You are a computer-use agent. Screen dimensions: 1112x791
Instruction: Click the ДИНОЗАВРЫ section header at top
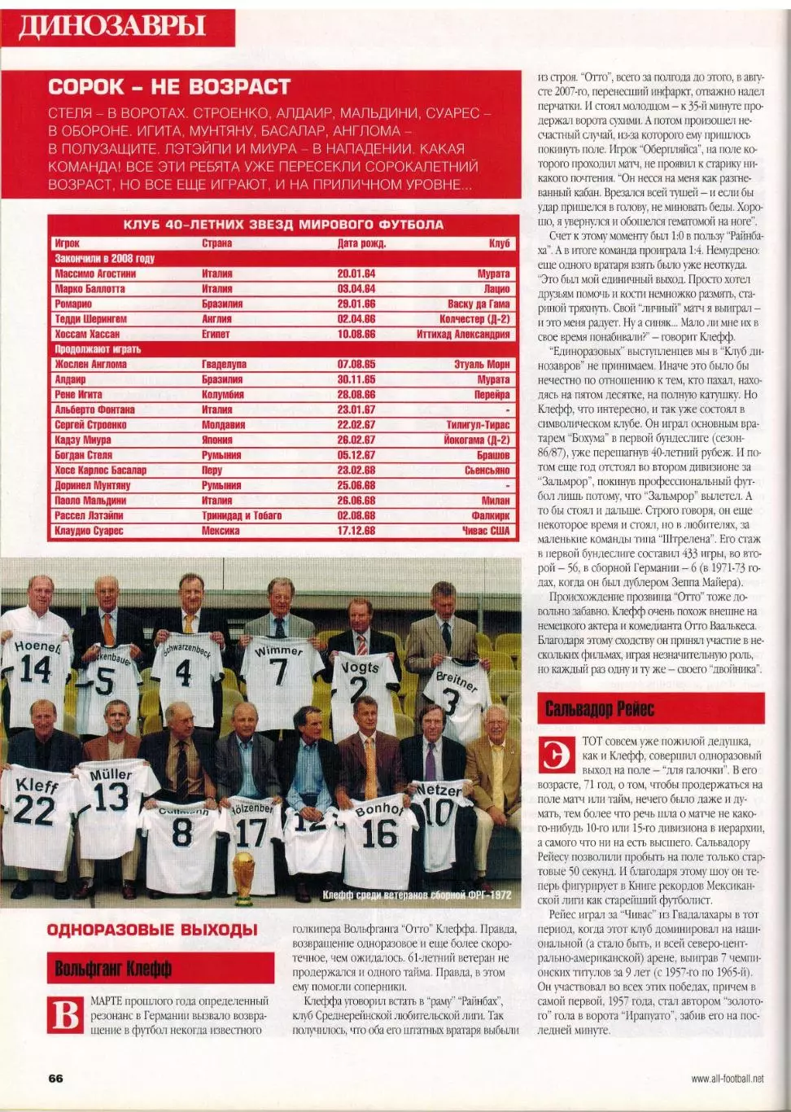coord(112,27)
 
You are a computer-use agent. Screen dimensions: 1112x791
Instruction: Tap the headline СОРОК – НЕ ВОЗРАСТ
coord(169,87)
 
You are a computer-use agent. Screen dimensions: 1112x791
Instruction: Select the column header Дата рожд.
coord(361,243)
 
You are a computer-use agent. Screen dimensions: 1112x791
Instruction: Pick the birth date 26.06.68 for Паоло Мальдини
coord(356,501)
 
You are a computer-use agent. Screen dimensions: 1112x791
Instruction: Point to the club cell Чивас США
coord(486,531)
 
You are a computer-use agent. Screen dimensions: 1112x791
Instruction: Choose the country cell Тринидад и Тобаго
coord(242,515)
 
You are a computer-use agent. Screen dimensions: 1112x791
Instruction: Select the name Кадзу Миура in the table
coord(83,440)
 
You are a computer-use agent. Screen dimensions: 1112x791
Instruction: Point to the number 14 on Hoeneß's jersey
coord(36,670)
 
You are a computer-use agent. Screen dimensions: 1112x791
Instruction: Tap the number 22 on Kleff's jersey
coord(34,810)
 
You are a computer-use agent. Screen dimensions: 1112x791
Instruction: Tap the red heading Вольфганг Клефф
coord(113,969)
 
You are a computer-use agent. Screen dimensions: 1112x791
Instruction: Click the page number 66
coord(55,1078)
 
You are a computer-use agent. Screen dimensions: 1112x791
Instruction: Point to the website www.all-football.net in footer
coord(727,1079)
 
